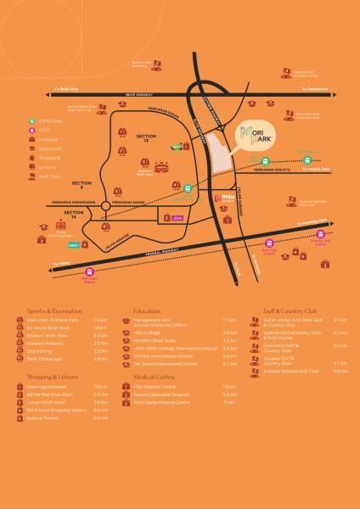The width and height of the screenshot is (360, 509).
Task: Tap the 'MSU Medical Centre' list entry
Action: tap(161, 387)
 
